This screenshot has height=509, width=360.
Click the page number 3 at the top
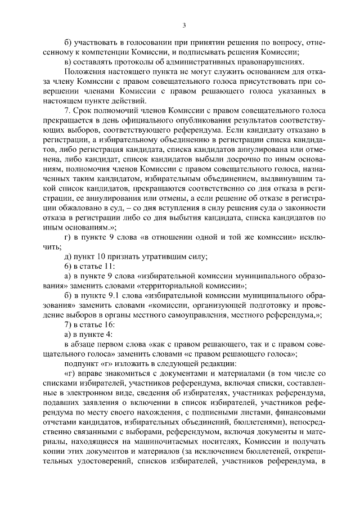pos(184,25)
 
